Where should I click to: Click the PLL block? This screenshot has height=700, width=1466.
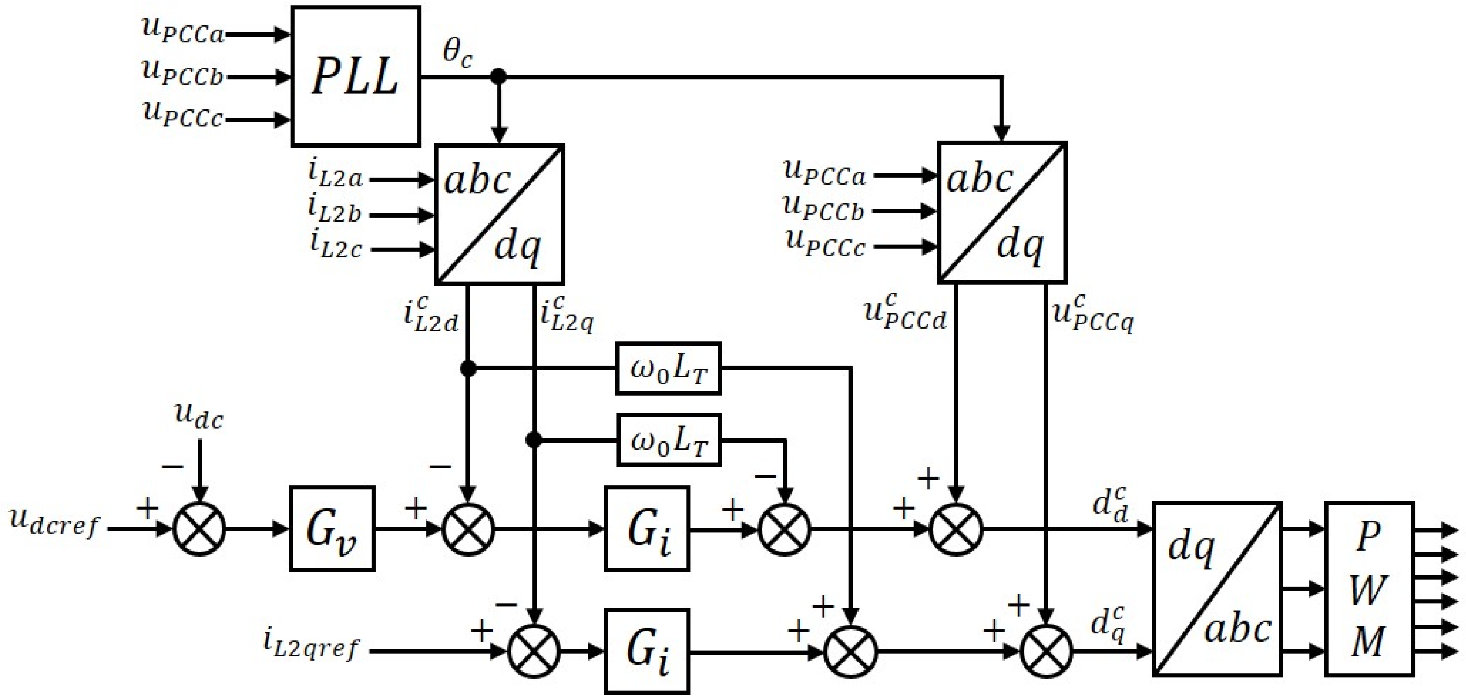click(356, 76)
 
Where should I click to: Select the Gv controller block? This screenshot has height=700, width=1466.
click(332, 529)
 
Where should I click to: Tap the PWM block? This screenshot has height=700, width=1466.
click(1369, 588)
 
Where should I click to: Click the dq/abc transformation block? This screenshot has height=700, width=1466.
click(1217, 588)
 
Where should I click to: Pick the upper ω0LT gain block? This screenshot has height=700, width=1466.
click(668, 369)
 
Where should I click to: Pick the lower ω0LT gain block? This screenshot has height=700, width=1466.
click(669, 440)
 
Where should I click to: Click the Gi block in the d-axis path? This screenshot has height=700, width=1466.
click(647, 529)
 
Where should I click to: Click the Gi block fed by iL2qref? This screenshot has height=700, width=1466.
click(647, 651)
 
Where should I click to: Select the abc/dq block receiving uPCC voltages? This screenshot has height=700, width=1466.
click(1002, 212)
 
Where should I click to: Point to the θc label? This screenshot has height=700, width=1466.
click(457, 54)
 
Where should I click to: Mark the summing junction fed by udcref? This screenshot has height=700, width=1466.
click(199, 529)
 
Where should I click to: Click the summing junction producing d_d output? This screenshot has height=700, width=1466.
click(956, 529)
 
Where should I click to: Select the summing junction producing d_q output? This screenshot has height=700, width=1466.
click(1046, 651)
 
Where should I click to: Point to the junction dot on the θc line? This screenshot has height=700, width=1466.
click(499, 76)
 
